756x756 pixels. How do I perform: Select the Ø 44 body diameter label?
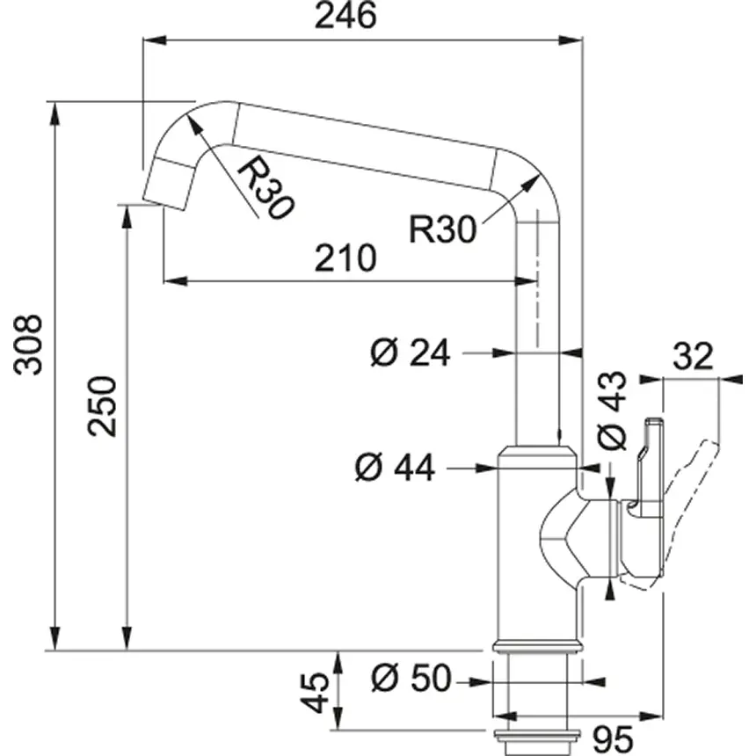(x=395, y=469)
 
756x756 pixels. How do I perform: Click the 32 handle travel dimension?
(x=694, y=358)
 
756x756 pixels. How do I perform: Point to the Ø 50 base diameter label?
(x=410, y=679)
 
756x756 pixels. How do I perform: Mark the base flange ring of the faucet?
(x=536, y=646)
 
